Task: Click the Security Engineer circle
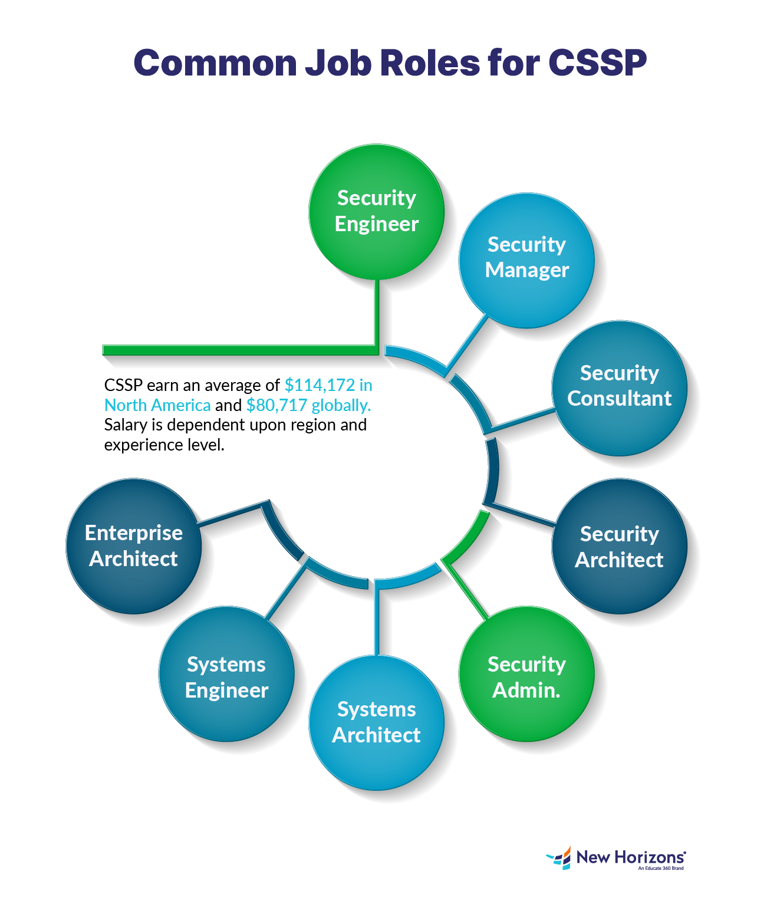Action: [x=376, y=211]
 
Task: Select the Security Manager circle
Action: [x=526, y=259]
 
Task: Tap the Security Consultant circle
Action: [x=619, y=387]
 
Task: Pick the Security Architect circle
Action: [x=619, y=546]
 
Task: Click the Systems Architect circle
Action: [x=376, y=722]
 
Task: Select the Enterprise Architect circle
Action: [x=134, y=546]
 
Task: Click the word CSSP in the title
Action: [x=597, y=63]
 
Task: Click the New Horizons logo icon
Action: [x=559, y=858]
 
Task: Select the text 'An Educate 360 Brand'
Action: [x=660, y=868]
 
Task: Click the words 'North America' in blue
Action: [x=157, y=405]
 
